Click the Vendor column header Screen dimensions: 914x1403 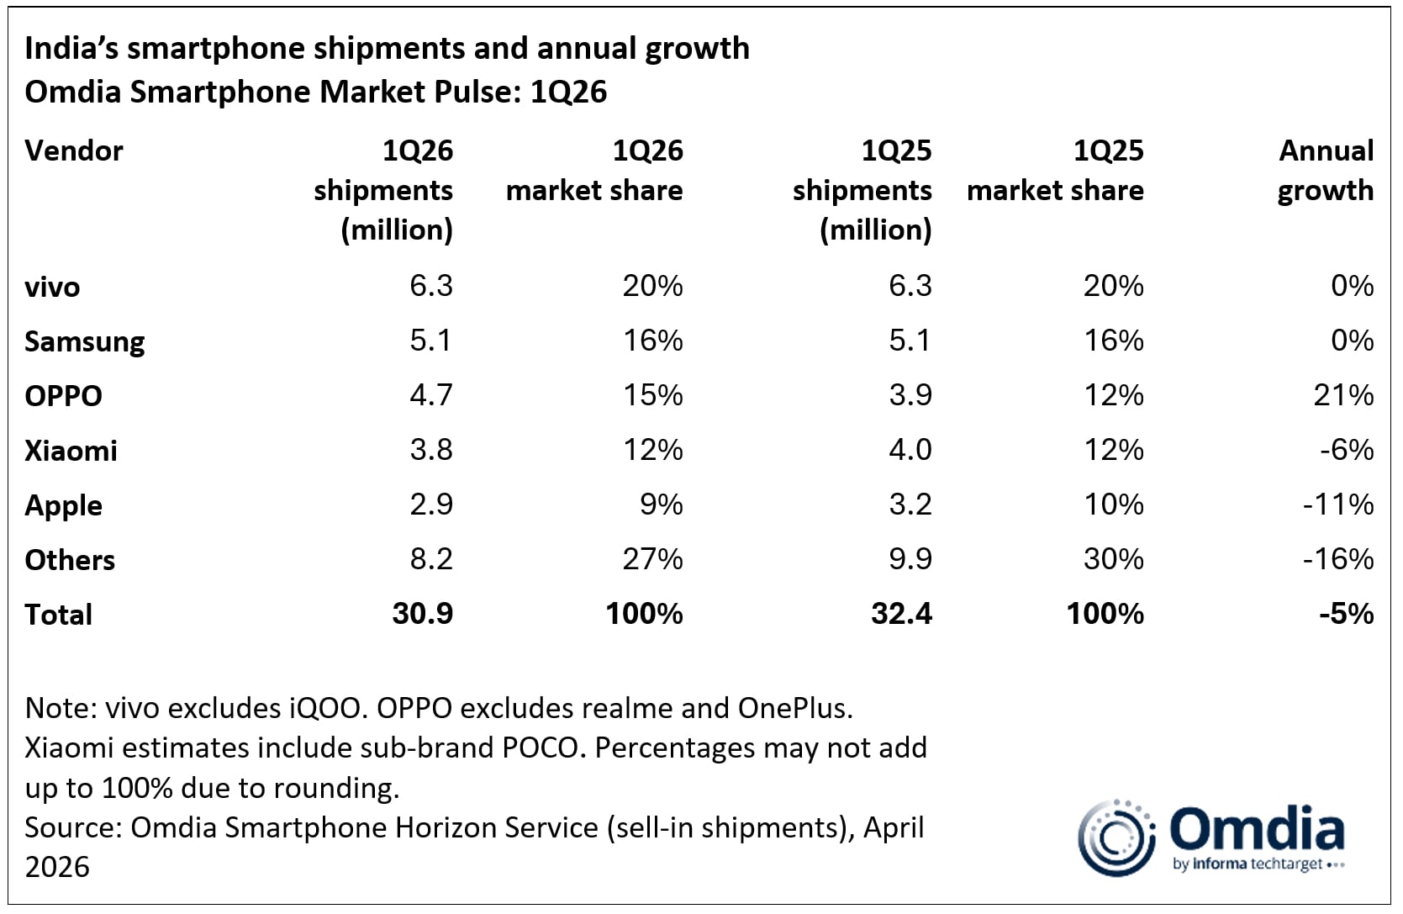pyautogui.click(x=74, y=151)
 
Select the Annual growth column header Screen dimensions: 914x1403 pyautogui.click(x=1325, y=171)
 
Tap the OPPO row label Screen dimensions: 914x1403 pyautogui.click(x=63, y=395)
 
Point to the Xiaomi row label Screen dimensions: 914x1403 pyautogui.click(x=71, y=451)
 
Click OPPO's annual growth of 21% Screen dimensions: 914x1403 pyautogui.click(x=1343, y=395)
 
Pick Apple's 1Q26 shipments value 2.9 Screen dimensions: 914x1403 pyautogui.click(x=431, y=505)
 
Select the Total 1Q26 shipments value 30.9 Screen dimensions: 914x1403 pyautogui.click(x=422, y=614)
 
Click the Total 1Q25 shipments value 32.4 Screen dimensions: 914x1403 pyautogui.click(x=901, y=614)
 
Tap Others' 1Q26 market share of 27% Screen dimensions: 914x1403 pyautogui.click(x=652, y=559)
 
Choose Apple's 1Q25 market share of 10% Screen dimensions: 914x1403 pyautogui.click(x=1113, y=505)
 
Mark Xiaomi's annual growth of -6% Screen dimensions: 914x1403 pyautogui.click(x=1346, y=450)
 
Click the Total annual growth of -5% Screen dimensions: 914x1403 pyautogui.click(x=1346, y=614)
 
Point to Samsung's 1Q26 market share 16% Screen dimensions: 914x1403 pyautogui.click(x=652, y=341)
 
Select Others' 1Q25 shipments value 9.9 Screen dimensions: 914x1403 pyautogui.click(x=910, y=559)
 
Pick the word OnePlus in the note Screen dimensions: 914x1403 pyautogui.click(x=795, y=708)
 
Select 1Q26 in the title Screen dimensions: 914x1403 pyautogui.click(x=568, y=92)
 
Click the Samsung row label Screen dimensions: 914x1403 pyautogui.click(x=84, y=341)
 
